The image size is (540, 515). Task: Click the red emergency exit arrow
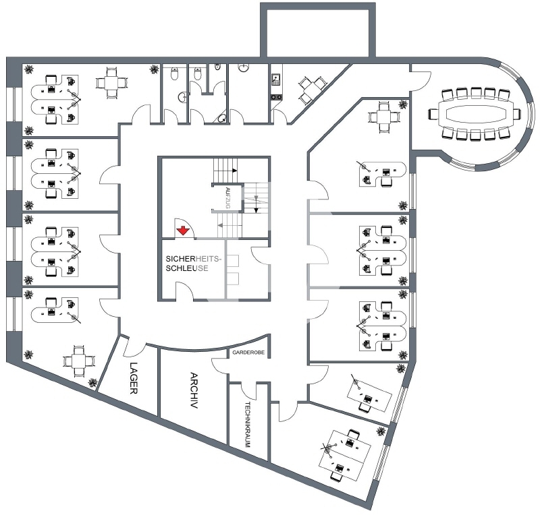183,231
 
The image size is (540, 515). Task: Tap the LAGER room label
134,378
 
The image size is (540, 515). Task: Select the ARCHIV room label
194,390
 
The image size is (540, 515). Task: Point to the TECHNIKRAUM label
247,425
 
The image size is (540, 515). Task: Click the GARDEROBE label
248,353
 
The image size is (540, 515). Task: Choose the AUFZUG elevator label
227,198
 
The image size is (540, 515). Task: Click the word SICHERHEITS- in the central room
194,259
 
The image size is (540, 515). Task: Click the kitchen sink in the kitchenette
276,80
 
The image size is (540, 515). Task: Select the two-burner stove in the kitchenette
276,97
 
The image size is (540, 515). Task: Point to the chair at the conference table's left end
433,114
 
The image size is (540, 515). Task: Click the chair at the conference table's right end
516,114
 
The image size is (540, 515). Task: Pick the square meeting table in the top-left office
111,83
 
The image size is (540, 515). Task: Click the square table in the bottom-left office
78,361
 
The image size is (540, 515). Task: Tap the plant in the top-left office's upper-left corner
29,69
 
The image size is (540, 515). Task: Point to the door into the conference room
421,80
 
